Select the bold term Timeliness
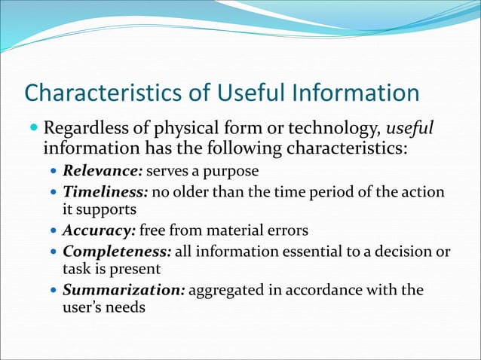104,193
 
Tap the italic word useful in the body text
409,126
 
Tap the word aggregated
225,290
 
